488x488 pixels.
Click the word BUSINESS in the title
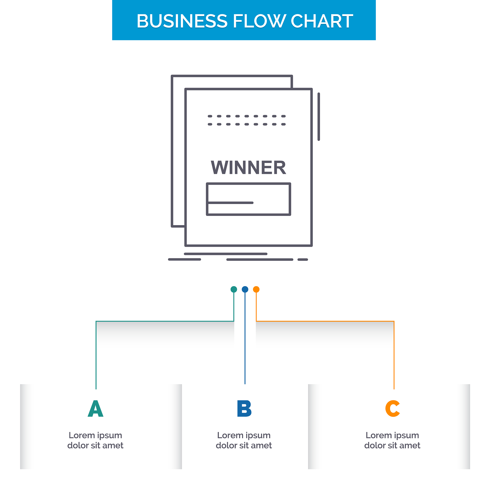pyautogui.click(x=182, y=21)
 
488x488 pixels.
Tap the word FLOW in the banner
pyautogui.click(x=259, y=21)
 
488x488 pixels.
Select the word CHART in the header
pyautogui.click(x=322, y=21)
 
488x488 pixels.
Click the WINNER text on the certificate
pyautogui.click(x=249, y=168)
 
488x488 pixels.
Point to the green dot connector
pyautogui.click(x=234, y=289)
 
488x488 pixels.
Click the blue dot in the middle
pyautogui.click(x=245, y=289)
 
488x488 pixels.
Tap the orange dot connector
pyautogui.click(x=256, y=289)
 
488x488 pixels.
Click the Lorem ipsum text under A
pyautogui.click(x=96, y=440)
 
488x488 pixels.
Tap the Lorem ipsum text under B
pyautogui.click(x=244, y=440)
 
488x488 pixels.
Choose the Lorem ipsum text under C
pyautogui.click(x=392, y=440)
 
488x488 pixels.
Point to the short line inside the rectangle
pyautogui.click(x=230, y=203)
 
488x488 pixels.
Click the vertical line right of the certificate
pyautogui.click(x=319, y=117)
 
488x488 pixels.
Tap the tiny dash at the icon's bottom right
pyautogui.click(x=303, y=259)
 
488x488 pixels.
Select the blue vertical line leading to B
pyautogui.click(x=245, y=338)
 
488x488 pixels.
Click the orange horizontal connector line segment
pyautogui.click(x=325, y=321)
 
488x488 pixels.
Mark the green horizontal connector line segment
pyautogui.click(x=165, y=321)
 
